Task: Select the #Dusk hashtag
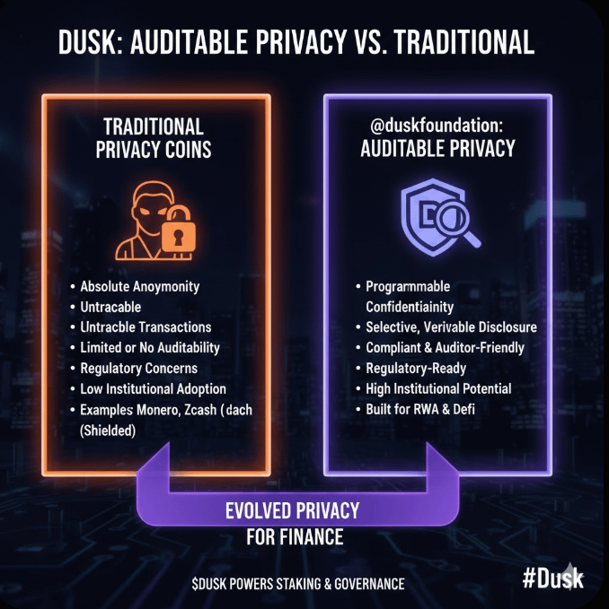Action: click(552, 578)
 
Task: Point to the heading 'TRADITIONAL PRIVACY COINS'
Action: click(154, 137)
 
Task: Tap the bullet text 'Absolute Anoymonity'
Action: click(140, 287)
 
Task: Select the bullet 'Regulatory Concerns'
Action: click(138, 368)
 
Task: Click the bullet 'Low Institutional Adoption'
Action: click(153, 388)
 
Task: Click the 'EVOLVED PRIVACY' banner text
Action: click(293, 511)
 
